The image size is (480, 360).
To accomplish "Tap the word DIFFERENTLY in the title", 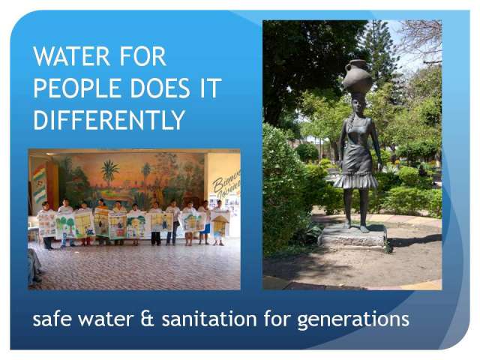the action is pos(109,120).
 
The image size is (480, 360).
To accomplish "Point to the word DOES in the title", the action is pos(160,88).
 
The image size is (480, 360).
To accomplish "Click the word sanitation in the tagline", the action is pos(209,319).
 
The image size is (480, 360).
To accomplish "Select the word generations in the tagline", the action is pos(353,320).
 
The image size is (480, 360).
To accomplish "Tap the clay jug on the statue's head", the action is pos(357,75).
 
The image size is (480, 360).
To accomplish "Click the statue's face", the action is pos(357,106).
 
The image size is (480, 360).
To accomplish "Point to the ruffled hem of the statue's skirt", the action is pos(355,181).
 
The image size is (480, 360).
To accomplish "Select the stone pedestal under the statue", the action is pos(352,235).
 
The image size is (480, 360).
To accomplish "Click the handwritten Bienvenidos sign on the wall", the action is pos(226,183).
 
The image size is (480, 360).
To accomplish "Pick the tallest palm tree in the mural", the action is pos(109,173).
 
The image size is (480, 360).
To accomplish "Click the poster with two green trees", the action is pos(65,226).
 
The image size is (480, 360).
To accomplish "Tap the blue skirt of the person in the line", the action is pos(207,229).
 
